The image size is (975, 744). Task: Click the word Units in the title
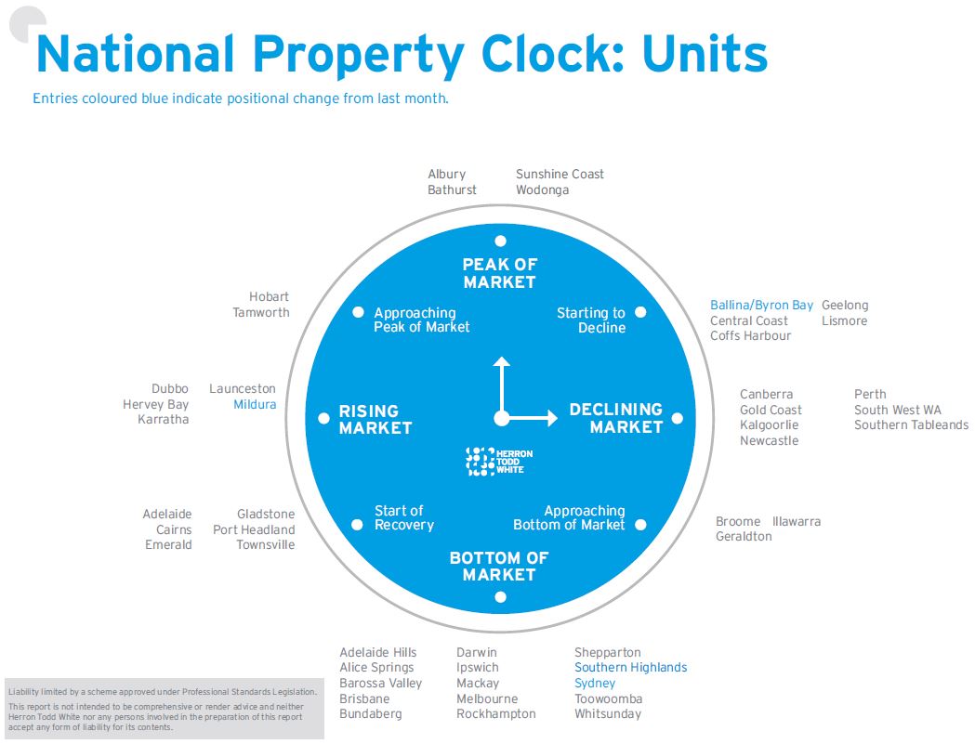705,55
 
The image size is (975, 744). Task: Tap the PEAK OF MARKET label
499,273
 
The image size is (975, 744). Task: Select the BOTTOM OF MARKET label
499,566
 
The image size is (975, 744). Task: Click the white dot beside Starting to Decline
640,312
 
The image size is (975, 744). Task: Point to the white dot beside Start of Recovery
357,525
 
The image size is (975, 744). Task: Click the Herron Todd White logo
499,462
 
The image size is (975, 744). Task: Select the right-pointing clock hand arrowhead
549,418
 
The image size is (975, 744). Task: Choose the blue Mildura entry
255,405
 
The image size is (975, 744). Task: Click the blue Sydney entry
595,683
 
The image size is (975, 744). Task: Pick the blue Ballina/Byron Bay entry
761,306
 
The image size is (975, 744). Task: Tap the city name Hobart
269,297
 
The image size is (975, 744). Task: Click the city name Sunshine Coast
560,175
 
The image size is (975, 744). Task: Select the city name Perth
870,395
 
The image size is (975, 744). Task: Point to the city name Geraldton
744,537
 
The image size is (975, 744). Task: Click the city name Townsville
265,545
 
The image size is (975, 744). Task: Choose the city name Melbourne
487,698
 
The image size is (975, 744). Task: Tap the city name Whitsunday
608,714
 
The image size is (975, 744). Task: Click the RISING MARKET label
375,419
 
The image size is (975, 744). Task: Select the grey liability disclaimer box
164,709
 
